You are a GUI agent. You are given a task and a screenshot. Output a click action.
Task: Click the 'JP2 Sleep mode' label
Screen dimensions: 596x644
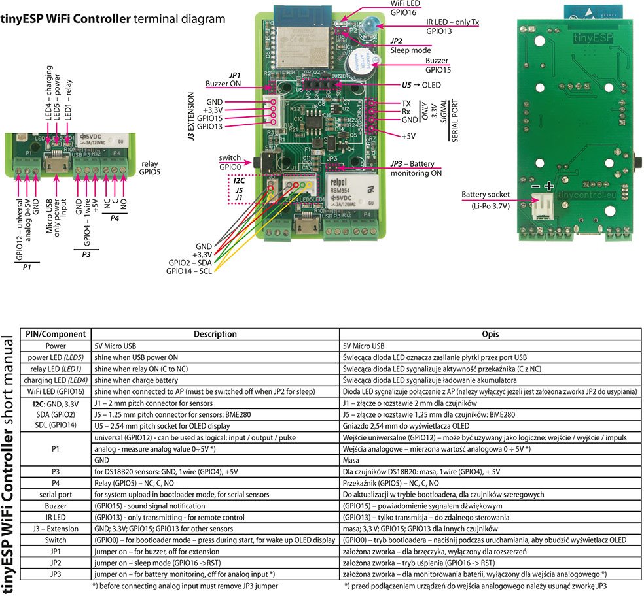(410, 45)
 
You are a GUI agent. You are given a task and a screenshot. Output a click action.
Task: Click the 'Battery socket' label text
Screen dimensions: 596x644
(485, 195)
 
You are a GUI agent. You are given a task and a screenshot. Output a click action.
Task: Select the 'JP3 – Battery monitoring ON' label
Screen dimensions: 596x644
(416, 168)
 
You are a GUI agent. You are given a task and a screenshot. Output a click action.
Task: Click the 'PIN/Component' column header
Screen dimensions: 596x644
(56, 334)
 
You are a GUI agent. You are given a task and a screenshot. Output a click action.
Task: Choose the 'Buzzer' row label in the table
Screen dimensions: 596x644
(56, 506)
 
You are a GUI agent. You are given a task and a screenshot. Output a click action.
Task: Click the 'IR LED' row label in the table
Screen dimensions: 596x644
(56, 517)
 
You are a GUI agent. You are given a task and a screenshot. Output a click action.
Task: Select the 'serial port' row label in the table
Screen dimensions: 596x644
(56, 495)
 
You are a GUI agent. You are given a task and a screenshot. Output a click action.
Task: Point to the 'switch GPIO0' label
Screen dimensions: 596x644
(230, 162)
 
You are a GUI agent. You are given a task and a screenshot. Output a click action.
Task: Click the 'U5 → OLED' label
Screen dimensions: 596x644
(421, 85)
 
